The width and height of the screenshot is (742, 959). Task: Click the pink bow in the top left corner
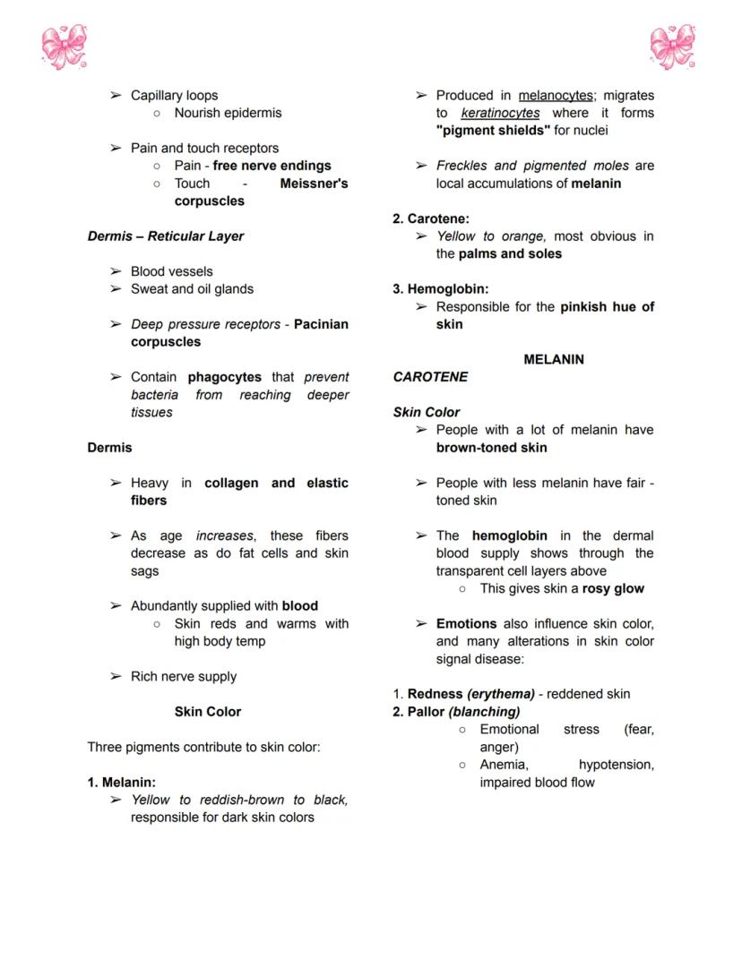click(x=64, y=47)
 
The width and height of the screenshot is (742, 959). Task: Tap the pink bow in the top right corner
click(x=673, y=47)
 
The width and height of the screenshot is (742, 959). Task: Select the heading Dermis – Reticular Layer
click(x=165, y=236)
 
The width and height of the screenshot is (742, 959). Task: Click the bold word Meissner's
click(x=314, y=184)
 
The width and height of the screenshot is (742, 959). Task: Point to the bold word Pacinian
click(x=321, y=324)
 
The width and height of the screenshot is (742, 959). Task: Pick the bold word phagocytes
click(x=224, y=377)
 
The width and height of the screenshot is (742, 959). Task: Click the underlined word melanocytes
click(x=555, y=96)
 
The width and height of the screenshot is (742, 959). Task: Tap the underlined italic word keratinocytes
click(x=500, y=113)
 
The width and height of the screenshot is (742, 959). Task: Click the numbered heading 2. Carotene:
click(x=431, y=218)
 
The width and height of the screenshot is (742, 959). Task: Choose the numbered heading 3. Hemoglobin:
click(x=441, y=289)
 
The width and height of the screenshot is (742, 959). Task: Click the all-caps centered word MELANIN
click(x=553, y=359)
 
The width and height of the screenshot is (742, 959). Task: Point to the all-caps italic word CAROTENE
click(x=430, y=377)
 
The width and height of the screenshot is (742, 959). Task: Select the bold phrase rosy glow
click(x=613, y=588)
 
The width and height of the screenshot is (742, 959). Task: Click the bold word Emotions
click(x=466, y=623)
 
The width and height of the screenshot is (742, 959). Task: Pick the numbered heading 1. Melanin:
click(x=122, y=782)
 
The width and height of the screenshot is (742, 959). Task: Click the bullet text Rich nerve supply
click(x=184, y=676)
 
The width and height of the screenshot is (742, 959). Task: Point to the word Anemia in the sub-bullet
click(x=503, y=765)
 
